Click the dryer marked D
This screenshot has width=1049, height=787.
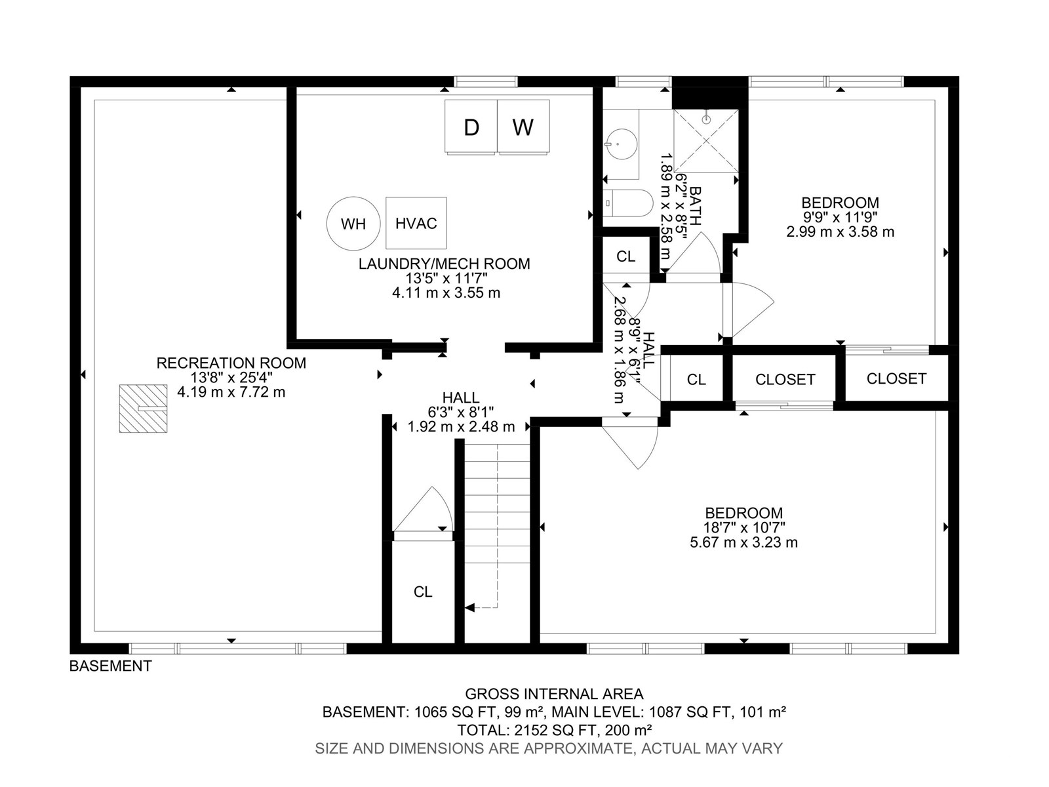(471, 127)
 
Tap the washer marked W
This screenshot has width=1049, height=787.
(523, 127)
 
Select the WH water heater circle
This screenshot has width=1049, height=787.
(353, 223)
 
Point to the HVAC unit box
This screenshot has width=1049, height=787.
(416, 223)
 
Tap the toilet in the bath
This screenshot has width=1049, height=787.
(627, 203)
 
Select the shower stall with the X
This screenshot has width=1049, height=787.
(706, 140)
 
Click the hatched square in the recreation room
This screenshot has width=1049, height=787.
(143, 409)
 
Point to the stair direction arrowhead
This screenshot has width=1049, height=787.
(469, 608)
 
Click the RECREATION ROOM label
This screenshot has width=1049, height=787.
(231, 363)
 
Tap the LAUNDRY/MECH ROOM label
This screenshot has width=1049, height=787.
(444, 264)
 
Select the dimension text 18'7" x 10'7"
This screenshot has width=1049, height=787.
(744, 527)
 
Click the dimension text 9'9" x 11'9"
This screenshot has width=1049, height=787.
(840, 218)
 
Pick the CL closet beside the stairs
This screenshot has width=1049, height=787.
(423, 592)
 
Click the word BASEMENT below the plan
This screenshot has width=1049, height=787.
(110, 666)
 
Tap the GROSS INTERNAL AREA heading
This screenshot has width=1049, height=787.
(555, 694)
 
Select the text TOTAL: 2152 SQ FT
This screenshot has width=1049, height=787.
(527, 730)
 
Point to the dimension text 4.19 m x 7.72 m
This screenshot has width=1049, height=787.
(231, 392)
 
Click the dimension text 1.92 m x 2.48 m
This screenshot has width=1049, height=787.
(461, 427)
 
